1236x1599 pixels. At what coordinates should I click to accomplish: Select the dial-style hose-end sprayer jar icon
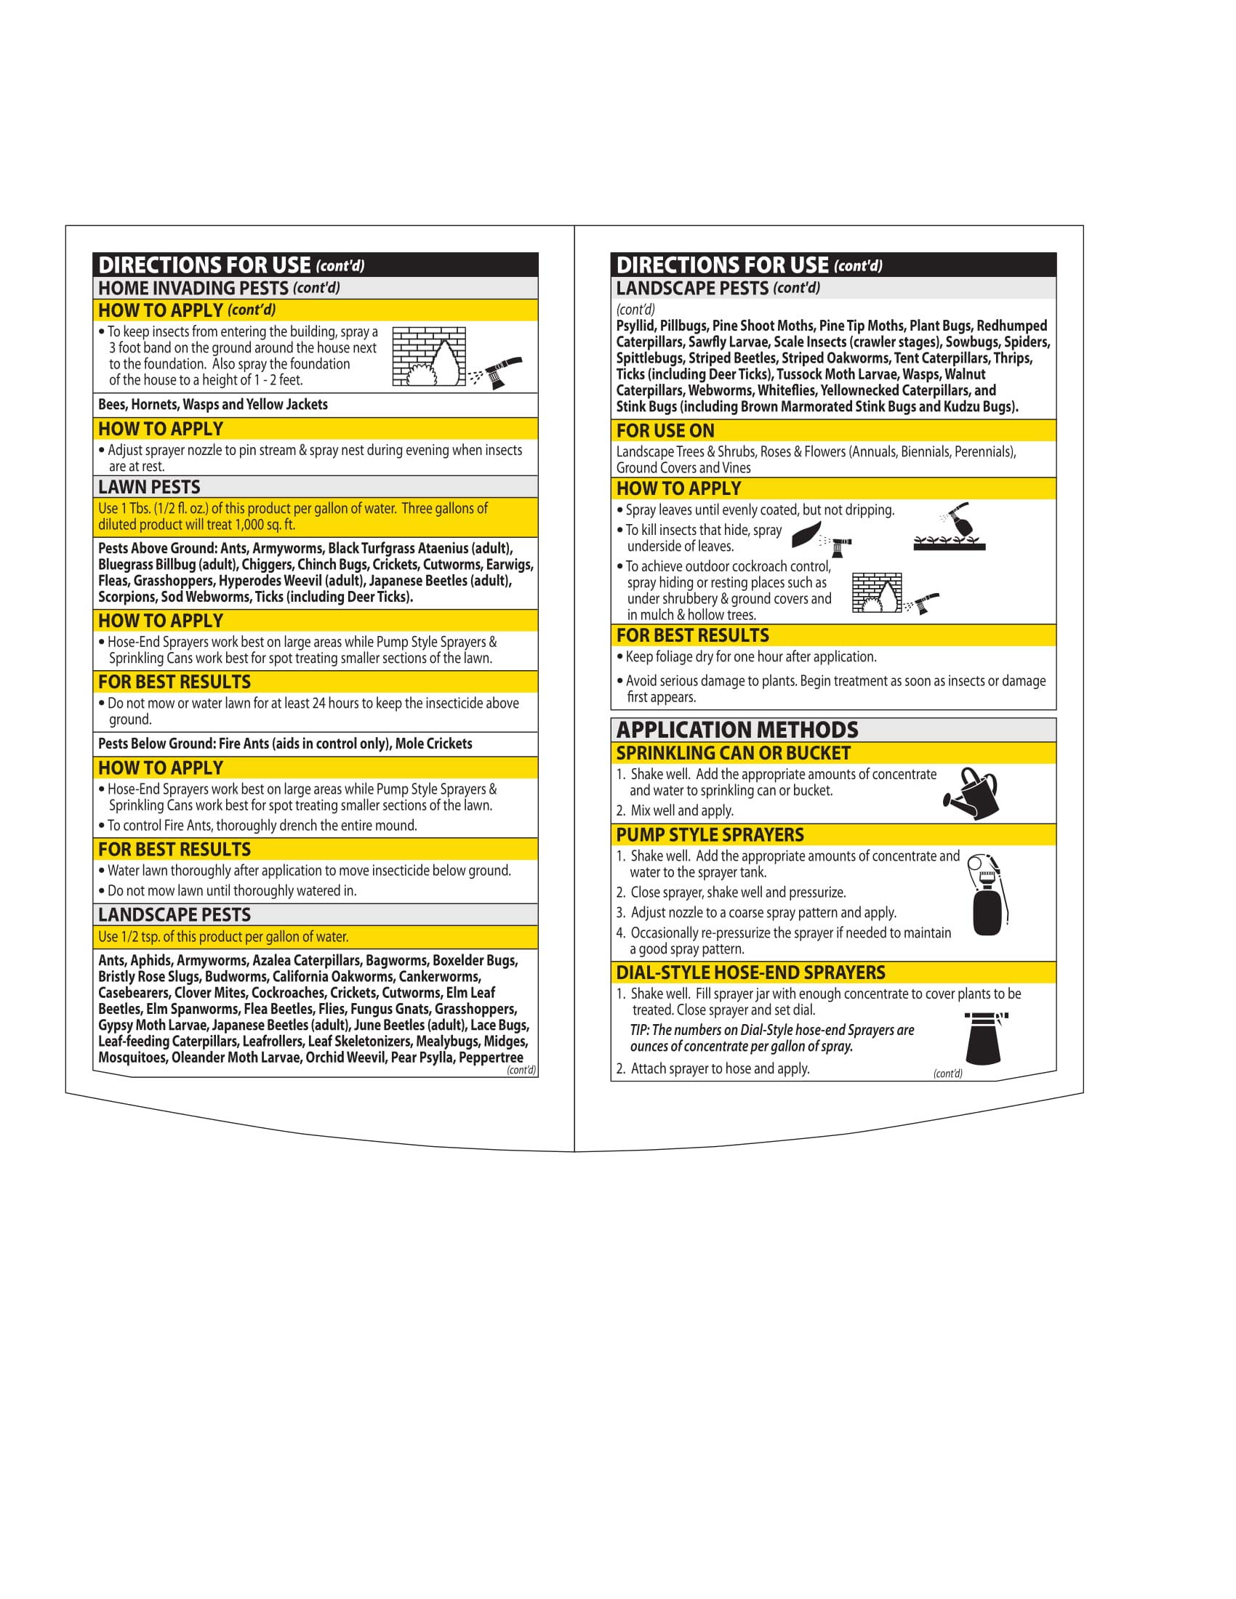(984, 1038)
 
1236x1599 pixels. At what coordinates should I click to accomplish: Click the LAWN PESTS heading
(149, 487)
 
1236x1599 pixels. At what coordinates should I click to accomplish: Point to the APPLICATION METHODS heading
(737, 730)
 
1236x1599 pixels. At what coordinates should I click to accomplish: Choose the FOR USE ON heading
(665, 430)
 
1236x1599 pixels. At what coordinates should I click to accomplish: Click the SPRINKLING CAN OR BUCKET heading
(733, 754)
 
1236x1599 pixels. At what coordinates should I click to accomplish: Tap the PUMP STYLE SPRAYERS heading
(710, 834)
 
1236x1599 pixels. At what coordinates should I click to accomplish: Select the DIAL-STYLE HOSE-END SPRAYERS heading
(750, 972)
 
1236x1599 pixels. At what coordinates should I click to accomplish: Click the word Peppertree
(491, 1058)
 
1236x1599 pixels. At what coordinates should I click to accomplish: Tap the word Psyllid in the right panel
(635, 326)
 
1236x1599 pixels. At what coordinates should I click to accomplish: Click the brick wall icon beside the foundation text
(429, 357)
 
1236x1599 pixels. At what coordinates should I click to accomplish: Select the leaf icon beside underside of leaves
(806, 534)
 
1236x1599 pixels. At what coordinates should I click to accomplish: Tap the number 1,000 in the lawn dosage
(249, 524)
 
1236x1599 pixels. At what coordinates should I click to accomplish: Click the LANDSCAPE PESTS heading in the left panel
(174, 914)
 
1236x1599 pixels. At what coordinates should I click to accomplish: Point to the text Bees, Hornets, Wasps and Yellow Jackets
(213, 404)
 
